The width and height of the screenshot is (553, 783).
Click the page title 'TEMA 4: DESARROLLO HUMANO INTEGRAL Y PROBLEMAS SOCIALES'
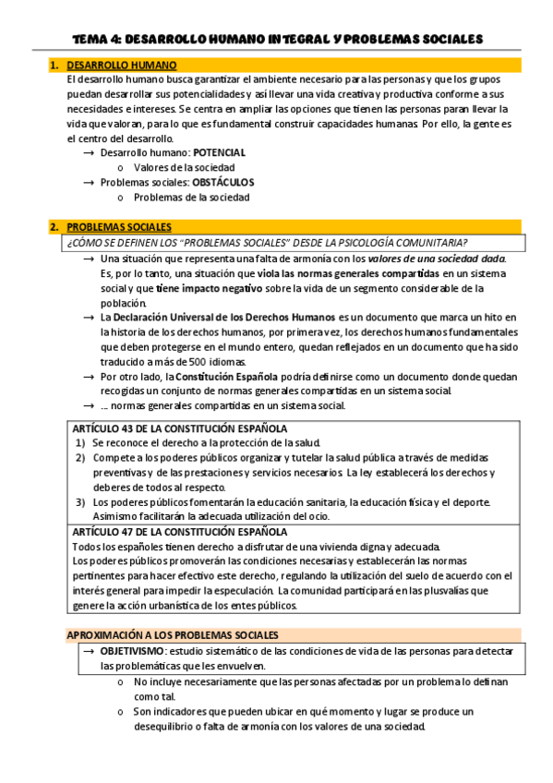277,40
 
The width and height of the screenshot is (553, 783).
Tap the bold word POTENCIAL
219,152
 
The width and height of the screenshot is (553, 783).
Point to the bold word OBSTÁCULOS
222,182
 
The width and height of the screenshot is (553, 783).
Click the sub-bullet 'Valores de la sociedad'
184,167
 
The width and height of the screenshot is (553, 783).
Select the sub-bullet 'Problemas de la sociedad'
191,197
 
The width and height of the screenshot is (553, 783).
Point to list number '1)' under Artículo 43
81,443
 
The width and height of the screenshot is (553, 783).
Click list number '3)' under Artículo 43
81,502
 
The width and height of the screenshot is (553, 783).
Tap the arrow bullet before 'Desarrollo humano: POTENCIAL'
89,152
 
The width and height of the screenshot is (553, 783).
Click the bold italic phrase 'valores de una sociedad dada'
436,259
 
